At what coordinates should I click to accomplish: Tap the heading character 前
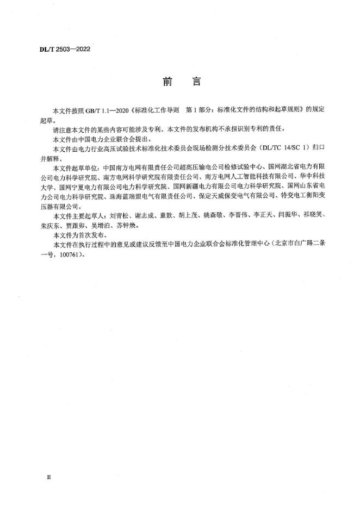(167, 82)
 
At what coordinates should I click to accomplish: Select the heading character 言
(196, 82)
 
